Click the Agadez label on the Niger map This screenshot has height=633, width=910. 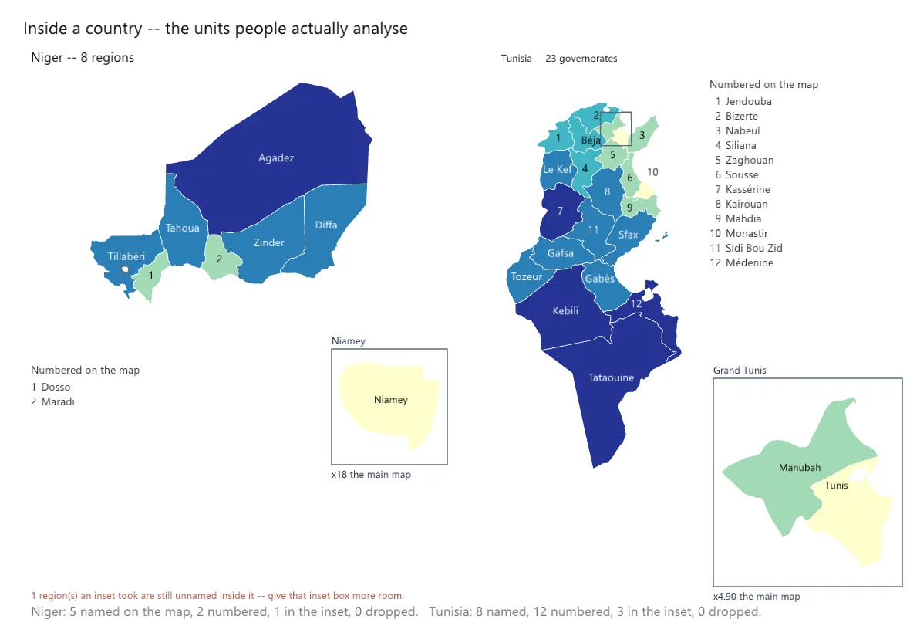click(276, 158)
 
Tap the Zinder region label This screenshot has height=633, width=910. click(268, 242)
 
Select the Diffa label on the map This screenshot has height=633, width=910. click(326, 225)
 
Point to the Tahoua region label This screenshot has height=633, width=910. click(182, 228)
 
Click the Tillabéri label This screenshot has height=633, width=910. click(126, 256)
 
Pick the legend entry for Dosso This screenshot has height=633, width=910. click(50, 387)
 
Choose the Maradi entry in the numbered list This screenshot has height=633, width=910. click(52, 402)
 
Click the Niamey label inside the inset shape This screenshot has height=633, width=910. click(390, 400)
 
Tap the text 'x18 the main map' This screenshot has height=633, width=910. click(371, 475)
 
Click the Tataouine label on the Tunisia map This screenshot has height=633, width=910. click(611, 377)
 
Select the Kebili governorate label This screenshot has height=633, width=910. click(565, 310)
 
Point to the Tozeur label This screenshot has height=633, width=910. click(527, 277)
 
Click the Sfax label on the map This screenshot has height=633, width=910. click(628, 235)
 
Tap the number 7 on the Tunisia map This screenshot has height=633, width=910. click(560, 211)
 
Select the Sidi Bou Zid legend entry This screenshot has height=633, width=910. click(747, 248)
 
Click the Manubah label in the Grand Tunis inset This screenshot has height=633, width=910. click(800, 468)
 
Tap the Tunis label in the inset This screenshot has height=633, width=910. click(836, 486)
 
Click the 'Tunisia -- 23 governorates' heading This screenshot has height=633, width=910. click(559, 59)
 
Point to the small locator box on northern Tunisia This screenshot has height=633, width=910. click(615, 112)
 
